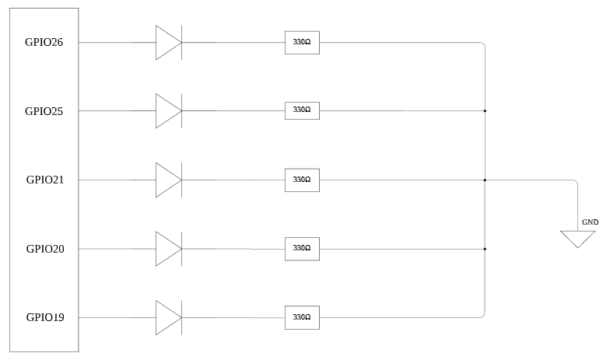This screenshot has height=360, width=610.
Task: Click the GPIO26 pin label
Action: click(x=44, y=42)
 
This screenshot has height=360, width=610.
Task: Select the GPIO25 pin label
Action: click(x=44, y=111)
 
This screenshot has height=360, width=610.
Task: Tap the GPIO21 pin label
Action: click(x=44, y=180)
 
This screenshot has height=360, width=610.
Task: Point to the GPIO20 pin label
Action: click(x=44, y=249)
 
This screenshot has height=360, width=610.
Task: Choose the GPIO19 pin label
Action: click(x=44, y=317)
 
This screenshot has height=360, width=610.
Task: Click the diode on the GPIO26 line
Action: click(x=168, y=42)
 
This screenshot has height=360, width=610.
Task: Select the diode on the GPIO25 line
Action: click(x=168, y=110)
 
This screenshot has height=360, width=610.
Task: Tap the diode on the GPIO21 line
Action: click(x=168, y=180)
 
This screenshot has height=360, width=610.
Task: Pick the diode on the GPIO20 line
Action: click(x=168, y=249)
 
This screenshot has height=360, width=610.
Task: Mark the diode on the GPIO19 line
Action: click(x=168, y=317)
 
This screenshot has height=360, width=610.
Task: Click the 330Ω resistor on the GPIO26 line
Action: click(x=302, y=42)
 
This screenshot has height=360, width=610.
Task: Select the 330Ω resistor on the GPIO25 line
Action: click(x=302, y=110)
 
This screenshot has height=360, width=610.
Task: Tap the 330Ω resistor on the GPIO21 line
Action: click(x=302, y=180)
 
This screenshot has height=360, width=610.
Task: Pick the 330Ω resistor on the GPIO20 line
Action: click(x=302, y=249)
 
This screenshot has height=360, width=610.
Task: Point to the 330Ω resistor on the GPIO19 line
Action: click(x=302, y=317)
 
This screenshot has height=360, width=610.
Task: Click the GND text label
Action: click(x=590, y=222)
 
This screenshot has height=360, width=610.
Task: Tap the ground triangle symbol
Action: click(x=578, y=238)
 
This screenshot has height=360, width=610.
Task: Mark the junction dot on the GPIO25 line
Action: click(x=485, y=110)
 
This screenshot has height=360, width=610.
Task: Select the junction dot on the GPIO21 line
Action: click(x=485, y=180)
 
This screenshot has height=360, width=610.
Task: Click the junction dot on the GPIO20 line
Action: click(x=485, y=249)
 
